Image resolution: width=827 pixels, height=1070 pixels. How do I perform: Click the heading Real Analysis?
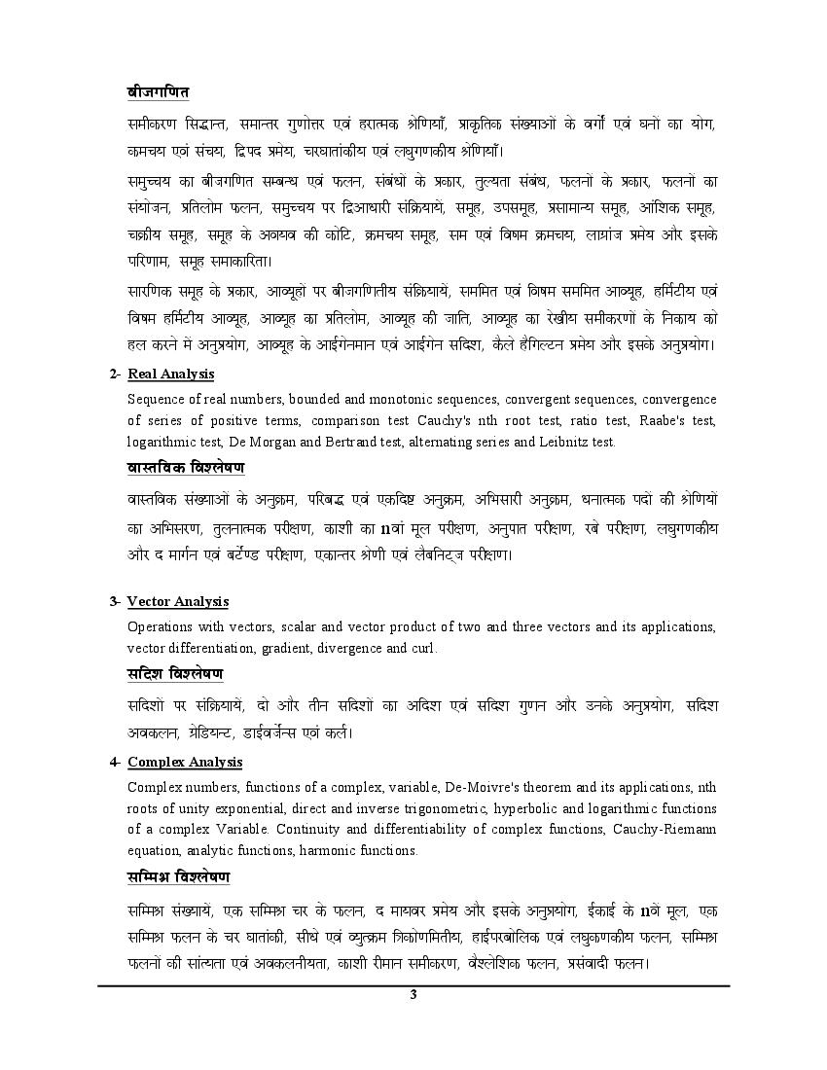[170, 374]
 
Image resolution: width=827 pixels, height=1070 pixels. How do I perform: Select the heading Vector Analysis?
[178, 602]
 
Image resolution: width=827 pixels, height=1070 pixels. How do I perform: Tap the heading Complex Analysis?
[185, 762]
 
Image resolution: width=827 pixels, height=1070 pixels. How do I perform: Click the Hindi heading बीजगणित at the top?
[158, 92]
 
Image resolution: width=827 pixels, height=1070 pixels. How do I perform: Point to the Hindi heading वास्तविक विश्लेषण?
[186, 468]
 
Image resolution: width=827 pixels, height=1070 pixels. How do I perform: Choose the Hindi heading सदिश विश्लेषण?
[175, 673]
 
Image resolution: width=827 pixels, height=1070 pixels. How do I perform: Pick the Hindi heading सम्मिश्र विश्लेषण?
[178, 876]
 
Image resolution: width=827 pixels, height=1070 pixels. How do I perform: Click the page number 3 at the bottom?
[413, 994]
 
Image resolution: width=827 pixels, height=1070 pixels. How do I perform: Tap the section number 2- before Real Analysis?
[115, 374]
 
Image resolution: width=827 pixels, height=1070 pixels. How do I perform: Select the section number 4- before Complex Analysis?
[115, 762]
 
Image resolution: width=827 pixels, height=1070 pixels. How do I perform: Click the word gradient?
[296, 648]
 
